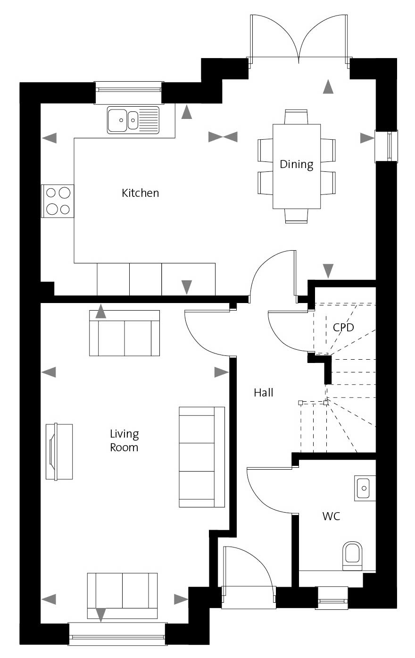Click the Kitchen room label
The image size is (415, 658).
(x=140, y=193)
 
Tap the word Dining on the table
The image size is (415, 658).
(x=297, y=164)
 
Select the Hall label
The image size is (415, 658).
(x=264, y=392)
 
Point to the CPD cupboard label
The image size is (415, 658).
(x=343, y=327)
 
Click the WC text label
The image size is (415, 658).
(x=331, y=516)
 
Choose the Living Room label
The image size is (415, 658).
(x=124, y=440)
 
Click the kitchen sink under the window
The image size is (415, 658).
(x=133, y=120)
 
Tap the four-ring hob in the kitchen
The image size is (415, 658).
(x=58, y=201)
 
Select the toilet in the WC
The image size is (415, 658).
(x=352, y=556)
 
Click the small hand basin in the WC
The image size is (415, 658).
(x=365, y=488)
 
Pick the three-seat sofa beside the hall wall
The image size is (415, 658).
(x=202, y=457)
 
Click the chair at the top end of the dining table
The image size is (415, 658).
(x=296, y=117)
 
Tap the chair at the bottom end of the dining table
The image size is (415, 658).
(x=296, y=216)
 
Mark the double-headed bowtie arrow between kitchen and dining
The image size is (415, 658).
(x=223, y=137)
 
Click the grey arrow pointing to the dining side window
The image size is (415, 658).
(x=367, y=138)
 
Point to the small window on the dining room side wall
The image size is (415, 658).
(x=386, y=146)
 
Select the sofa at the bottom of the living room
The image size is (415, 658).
(x=123, y=595)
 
